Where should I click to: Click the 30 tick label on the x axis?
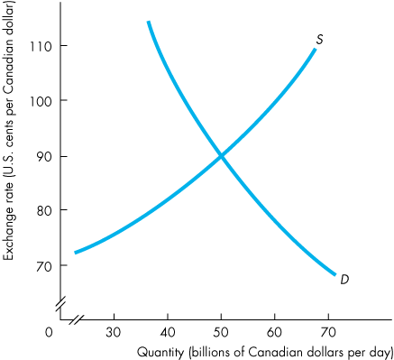click(x=114, y=332)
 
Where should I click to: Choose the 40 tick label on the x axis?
click(x=168, y=332)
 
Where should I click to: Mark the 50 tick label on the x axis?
click(x=222, y=332)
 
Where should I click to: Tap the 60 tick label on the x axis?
click(x=276, y=332)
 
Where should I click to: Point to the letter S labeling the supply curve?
click(x=320, y=39)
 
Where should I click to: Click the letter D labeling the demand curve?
click(x=344, y=280)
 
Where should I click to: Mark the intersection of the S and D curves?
click(x=222, y=156)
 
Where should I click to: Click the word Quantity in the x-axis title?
click(x=160, y=350)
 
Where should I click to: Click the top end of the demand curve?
click(x=148, y=22)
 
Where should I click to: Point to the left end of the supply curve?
click(x=75, y=252)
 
